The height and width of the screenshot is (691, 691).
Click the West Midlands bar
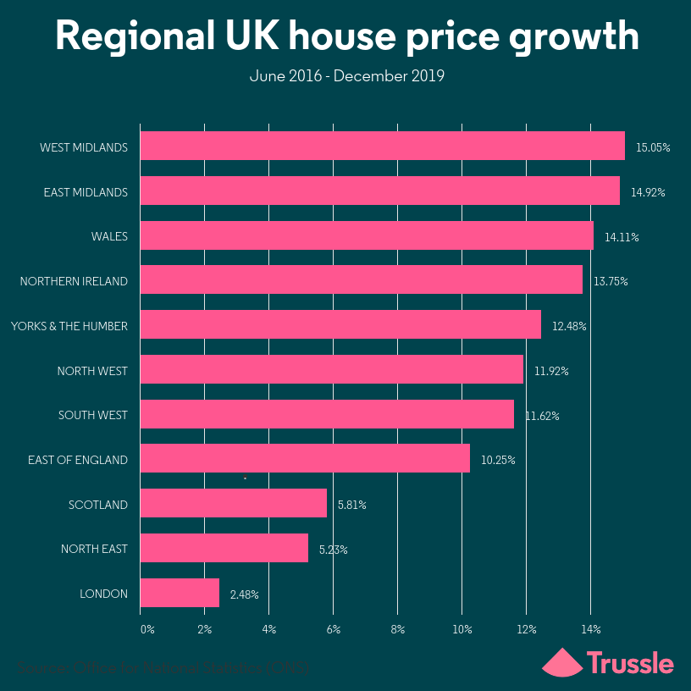pyautogui.click(x=382, y=146)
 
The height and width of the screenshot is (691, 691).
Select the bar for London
pyautogui.click(x=180, y=593)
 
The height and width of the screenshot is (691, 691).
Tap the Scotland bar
pyautogui.click(x=233, y=504)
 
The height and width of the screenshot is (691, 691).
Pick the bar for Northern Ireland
pyautogui.click(x=361, y=280)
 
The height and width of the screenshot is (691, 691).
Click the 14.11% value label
pyautogui.click(x=622, y=237)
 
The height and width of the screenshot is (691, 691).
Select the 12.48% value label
pyautogui.click(x=569, y=326)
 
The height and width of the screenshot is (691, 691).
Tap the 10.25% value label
pyautogui.click(x=498, y=460)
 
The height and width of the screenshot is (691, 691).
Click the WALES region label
pyautogui.click(x=109, y=236)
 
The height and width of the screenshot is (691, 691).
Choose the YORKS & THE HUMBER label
pyautogui.click(x=69, y=326)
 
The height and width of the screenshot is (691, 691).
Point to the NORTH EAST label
pyautogui.click(x=94, y=549)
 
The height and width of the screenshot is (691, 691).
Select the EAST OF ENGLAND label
pyautogui.click(x=78, y=460)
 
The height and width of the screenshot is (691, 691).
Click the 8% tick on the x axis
pyautogui.click(x=397, y=629)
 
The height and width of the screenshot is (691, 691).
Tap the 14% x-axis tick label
pyautogui.click(x=590, y=629)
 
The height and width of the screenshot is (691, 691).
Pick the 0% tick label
pyautogui.click(x=147, y=629)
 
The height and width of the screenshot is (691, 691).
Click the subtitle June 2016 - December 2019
pyautogui.click(x=346, y=76)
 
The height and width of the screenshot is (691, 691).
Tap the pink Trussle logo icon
pyautogui.click(x=561, y=662)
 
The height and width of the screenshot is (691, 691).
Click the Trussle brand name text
pyautogui.click(x=630, y=662)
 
